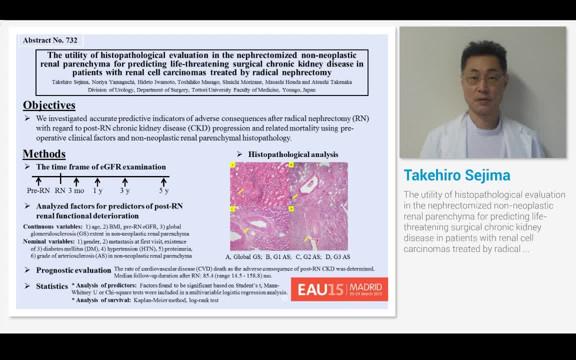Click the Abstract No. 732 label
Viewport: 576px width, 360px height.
50,40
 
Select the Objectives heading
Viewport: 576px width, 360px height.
49,105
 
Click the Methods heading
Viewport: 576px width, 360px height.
44,154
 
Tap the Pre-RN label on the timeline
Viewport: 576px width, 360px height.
38,190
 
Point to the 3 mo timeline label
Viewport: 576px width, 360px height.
76,190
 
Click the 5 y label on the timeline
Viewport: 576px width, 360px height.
163,190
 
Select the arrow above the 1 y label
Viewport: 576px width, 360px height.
98,181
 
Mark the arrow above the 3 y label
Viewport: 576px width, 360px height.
124,181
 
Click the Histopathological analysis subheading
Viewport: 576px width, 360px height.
293,154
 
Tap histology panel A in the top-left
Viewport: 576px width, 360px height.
259,183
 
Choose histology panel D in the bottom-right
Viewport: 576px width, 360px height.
318,228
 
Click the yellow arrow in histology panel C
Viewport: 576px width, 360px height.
245,230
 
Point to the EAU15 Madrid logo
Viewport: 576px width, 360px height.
339,289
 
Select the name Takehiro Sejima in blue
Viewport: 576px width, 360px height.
457,175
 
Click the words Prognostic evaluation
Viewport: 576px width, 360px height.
73,270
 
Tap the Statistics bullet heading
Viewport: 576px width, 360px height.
52,286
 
